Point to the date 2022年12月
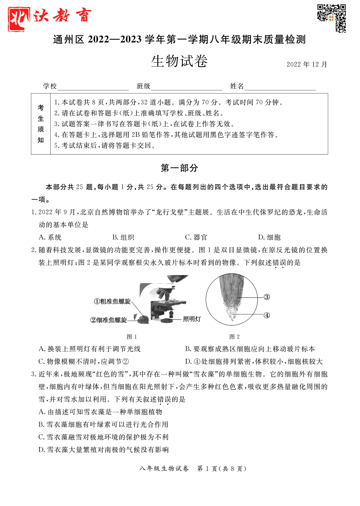coord(306,65)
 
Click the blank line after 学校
coord(93,87)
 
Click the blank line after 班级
coord(186,87)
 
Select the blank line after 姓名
coord(280,87)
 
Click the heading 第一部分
coord(179,168)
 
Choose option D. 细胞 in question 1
coord(269,237)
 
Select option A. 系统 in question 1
coord(50,237)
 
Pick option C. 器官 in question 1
coord(196,237)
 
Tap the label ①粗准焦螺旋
coord(112,302)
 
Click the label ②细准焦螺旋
coord(109,320)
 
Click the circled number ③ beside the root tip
coord(266,297)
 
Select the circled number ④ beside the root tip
coord(266,315)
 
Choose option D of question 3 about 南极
coord(103,450)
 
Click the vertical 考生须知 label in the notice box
coord(41,124)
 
